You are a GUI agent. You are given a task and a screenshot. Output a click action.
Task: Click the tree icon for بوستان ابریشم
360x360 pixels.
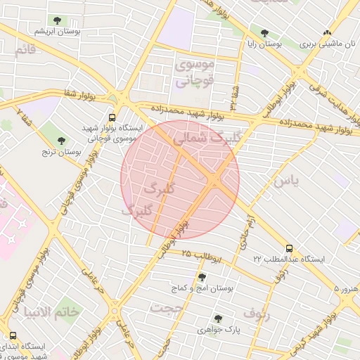(57, 20)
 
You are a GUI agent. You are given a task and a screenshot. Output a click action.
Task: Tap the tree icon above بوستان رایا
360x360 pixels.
(264, 32)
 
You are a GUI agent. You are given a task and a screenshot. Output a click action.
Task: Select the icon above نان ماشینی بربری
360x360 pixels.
(326, 32)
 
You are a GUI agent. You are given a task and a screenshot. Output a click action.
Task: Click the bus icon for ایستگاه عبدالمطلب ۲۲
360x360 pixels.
(290, 248)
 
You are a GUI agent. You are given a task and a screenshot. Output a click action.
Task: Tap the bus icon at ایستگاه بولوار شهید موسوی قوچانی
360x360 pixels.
(112, 117)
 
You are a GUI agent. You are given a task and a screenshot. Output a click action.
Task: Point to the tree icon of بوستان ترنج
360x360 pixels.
(60, 140)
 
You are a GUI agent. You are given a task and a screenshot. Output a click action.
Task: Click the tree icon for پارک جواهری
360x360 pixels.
(218, 318)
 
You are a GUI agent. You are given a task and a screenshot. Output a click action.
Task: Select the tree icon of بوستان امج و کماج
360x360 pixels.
(202, 277)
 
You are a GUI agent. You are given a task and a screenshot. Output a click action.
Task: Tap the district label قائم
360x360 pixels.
(25, 49)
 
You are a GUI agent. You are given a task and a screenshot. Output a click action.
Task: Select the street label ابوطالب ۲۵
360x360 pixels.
(205, 256)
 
